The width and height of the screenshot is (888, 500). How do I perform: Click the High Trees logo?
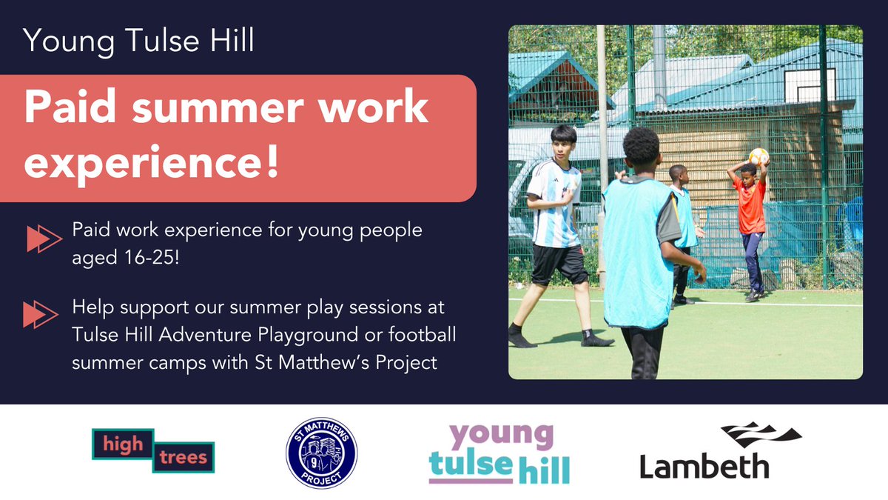(153, 450)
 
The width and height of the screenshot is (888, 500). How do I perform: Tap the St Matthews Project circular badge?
(321, 452)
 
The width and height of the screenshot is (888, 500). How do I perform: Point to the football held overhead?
(758, 156)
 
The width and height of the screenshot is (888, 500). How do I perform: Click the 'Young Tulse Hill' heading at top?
(139, 41)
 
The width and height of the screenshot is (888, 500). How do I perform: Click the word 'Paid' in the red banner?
(67, 109)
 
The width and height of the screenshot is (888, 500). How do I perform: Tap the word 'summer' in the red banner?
(215, 109)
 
